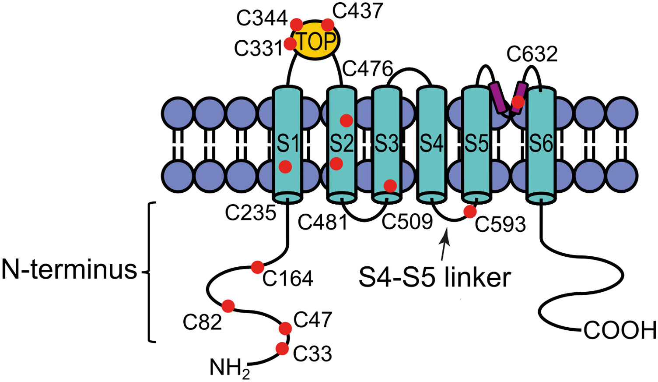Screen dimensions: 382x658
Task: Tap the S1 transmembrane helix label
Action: pyautogui.click(x=287, y=143)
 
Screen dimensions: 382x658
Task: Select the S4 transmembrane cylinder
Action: pyautogui.click(x=431, y=145)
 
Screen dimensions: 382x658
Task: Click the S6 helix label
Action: pyautogui.click(x=541, y=143)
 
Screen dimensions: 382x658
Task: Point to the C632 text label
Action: pyautogui.click(x=532, y=55)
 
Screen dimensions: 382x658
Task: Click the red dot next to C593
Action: pyautogui.click(x=470, y=212)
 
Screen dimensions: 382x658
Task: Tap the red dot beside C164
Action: pyautogui.click(x=257, y=266)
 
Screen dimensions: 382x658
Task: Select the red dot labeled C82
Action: pyautogui.click(x=228, y=306)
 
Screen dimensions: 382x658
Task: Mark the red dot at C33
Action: pyautogui.click(x=282, y=349)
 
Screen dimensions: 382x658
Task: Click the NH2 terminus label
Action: pyautogui.click(x=230, y=368)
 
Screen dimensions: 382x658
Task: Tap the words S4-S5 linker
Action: pyautogui.click(x=434, y=278)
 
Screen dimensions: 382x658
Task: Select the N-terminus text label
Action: pyautogui.click(x=70, y=269)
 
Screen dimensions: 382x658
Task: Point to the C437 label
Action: pyautogui.click(x=357, y=11)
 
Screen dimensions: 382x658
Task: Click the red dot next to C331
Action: pyautogui.click(x=290, y=44)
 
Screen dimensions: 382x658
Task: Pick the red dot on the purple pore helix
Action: pyautogui.click(x=518, y=102)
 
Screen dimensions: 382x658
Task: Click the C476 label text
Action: pyautogui.click(x=367, y=69)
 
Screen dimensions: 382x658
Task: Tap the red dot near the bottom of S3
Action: pyautogui.click(x=390, y=186)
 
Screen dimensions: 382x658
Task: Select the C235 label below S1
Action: pyautogui.click(x=251, y=213)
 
